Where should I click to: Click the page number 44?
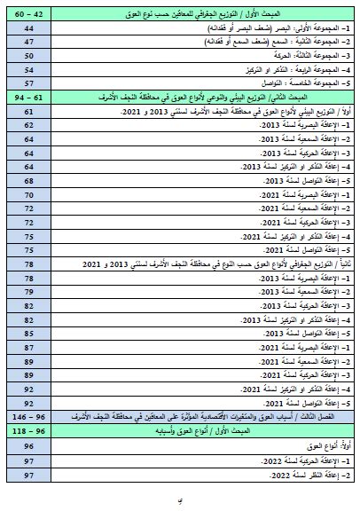(30, 28)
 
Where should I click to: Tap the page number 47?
(30, 42)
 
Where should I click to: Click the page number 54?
(30, 68)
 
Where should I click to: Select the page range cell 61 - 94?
(30, 95)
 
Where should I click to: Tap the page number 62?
(30, 126)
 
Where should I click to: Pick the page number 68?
(30, 179)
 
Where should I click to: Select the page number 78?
(30, 263)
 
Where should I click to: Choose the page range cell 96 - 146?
(30, 414)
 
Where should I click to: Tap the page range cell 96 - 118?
(30, 429)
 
